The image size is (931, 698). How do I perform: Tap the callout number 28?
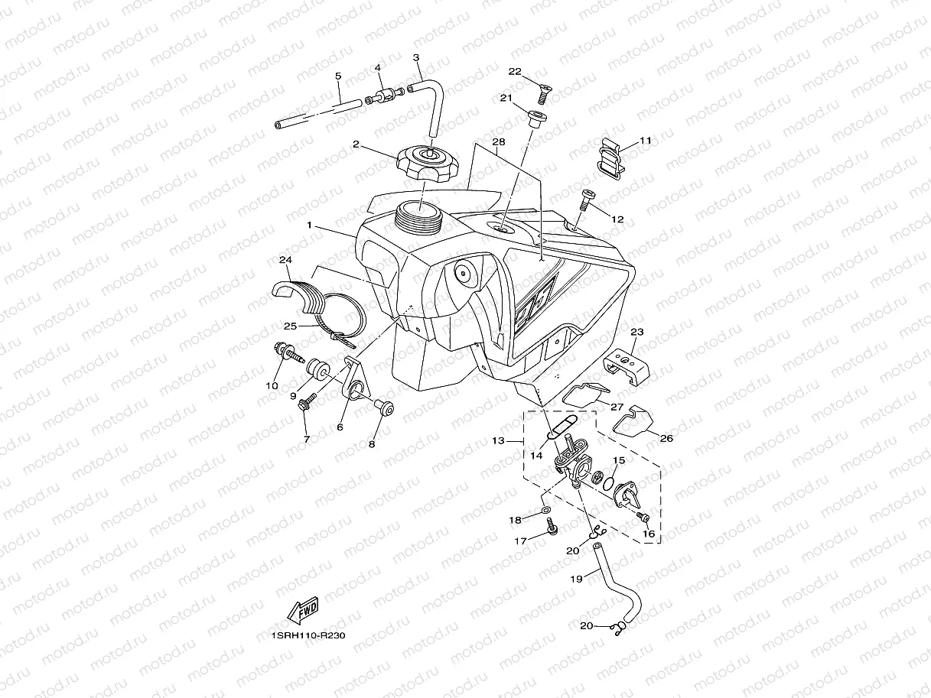click(499, 143)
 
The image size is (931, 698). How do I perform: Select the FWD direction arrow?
click(301, 612)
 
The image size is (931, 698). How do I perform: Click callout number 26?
click(666, 438)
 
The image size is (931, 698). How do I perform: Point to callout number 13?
click(499, 441)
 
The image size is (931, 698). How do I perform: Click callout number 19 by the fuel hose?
click(576, 580)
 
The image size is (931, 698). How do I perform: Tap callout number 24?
click(285, 261)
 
